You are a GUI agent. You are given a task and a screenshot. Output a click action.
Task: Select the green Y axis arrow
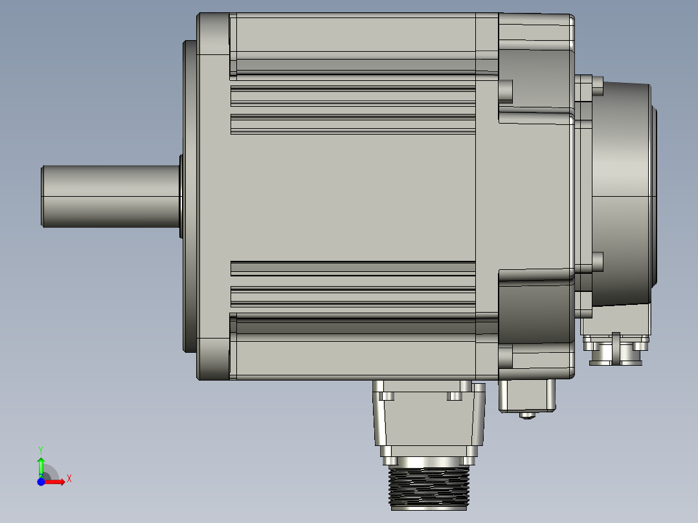click(x=41, y=465)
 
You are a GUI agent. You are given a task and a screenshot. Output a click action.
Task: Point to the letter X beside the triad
click(x=69, y=479)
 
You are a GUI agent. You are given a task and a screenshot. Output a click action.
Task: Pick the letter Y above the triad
click(x=41, y=449)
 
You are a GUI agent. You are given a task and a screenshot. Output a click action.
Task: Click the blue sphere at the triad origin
click(x=41, y=482)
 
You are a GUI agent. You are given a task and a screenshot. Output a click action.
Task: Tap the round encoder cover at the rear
click(x=622, y=194)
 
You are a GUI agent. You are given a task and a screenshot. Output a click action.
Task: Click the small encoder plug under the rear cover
click(x=615, y=350)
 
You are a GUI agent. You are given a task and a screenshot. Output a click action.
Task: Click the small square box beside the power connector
click(x=527, y=395)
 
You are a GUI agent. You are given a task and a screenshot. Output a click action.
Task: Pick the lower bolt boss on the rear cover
click(x=597, y=261)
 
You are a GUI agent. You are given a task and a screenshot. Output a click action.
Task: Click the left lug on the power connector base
click(x=388, y=395)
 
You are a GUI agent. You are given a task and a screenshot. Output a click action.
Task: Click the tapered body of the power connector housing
click(x=429, y=421)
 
